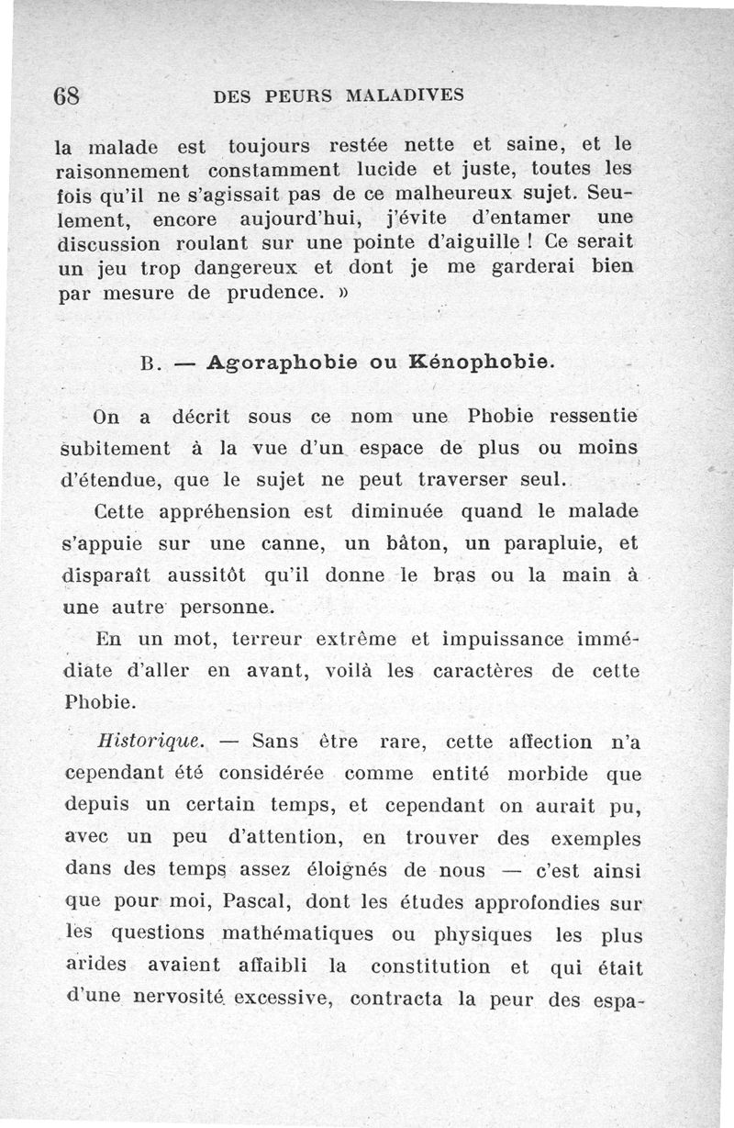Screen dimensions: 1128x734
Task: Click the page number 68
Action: (69, 95)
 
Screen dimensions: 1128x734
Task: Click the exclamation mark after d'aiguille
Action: (531, 245)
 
